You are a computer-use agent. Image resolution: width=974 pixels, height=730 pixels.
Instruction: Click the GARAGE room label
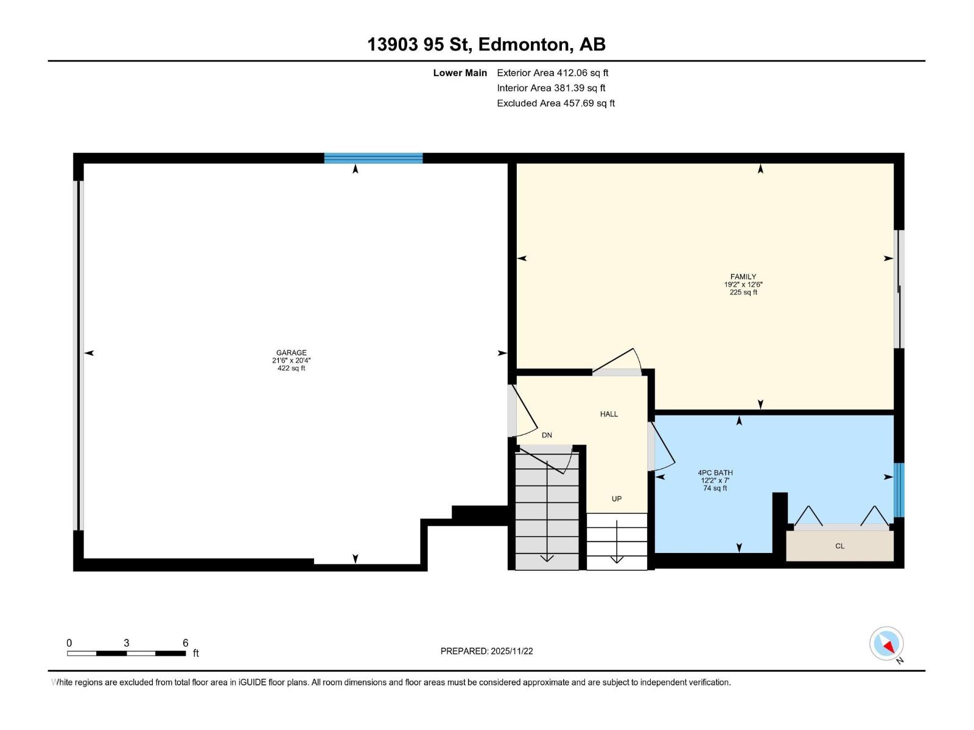(291, 352)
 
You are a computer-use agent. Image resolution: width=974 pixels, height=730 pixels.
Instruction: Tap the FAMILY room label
(743, 277)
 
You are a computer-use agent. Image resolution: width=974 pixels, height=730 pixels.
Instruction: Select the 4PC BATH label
(715, 473)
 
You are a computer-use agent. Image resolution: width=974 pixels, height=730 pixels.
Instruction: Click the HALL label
(609, 414)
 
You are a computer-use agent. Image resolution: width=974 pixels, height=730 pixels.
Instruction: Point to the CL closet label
(839, 546)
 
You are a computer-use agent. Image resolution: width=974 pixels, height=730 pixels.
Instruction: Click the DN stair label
(547, 436)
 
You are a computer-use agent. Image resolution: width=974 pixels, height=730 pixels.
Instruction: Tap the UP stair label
(616, 499)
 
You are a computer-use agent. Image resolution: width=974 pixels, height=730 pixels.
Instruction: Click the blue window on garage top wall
(373, 158)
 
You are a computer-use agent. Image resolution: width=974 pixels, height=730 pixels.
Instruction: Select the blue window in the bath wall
(899, 490)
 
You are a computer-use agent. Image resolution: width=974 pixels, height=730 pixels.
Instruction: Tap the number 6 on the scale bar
(186, 643)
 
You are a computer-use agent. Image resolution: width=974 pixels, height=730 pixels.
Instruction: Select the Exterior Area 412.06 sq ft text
(552, 73)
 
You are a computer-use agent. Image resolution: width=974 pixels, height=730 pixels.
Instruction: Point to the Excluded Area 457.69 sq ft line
(555, 103)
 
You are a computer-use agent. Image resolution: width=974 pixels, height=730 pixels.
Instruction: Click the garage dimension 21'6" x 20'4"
(291, 360)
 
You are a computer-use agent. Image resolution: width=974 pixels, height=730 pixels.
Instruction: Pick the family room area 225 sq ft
(743, 293)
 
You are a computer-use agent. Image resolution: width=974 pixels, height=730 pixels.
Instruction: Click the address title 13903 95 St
(420, 44)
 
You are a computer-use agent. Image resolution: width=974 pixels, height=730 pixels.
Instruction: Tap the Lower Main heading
(460, 73)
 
